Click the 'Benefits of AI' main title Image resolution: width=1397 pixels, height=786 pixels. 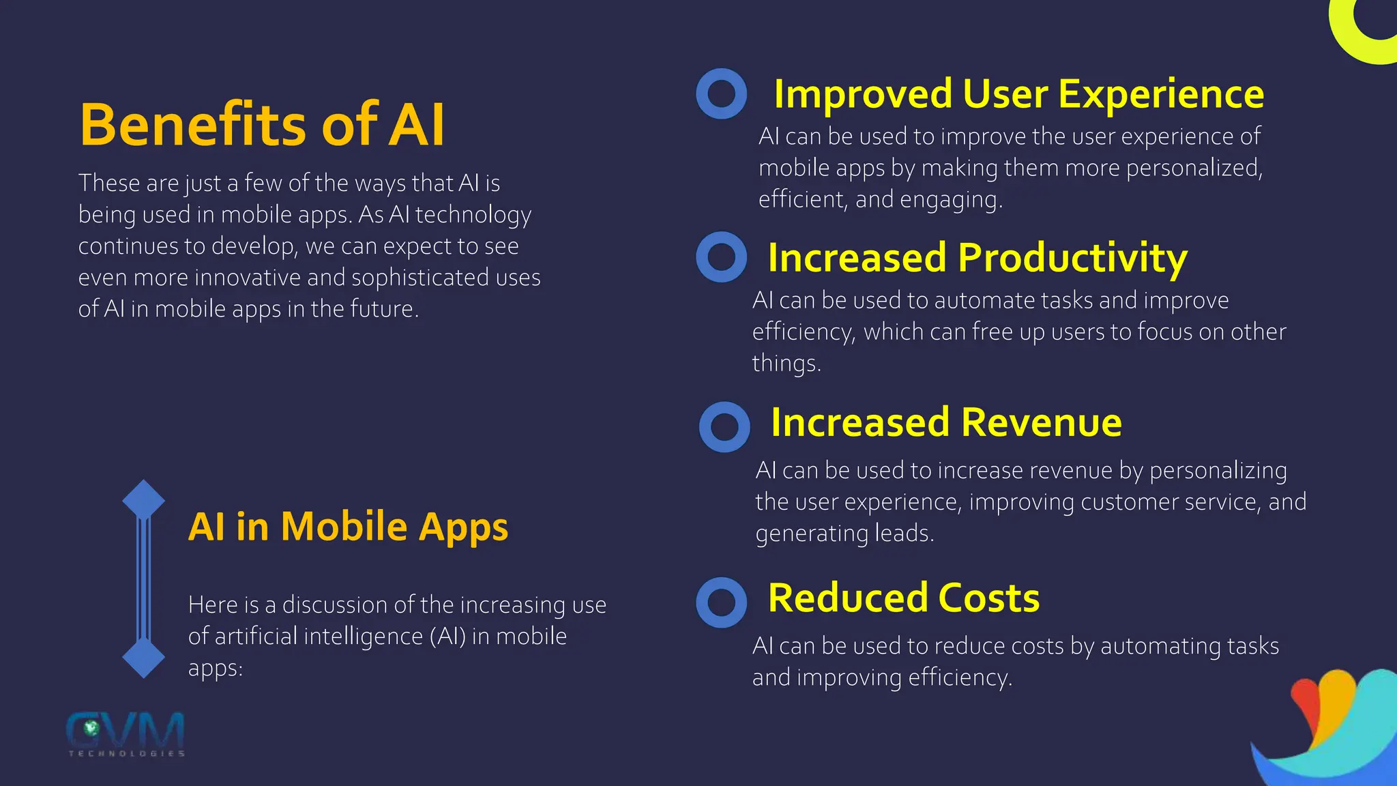[262, 124]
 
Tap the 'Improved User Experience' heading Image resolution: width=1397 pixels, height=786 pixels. [1018, 93]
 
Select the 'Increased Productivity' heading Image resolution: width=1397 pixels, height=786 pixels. [977, 257]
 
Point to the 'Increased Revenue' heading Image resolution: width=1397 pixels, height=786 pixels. [946, 422]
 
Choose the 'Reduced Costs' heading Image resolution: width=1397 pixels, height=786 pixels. [904, 598]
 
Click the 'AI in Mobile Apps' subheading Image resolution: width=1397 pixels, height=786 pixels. [348, 526]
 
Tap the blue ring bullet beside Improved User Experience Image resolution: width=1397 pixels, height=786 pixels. [722, 93]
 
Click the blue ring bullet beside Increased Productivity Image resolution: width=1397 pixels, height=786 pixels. [722, 257]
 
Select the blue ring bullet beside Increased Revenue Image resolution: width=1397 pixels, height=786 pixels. [724, 427]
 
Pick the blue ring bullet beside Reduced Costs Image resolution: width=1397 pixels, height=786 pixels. [722, 602]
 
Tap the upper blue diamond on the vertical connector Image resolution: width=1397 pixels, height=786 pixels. [144, 500]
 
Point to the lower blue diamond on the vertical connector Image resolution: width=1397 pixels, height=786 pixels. [144, 658]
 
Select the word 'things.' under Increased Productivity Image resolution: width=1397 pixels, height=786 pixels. [786, 363]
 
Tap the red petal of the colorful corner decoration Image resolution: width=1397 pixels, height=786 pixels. [1304, 703]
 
